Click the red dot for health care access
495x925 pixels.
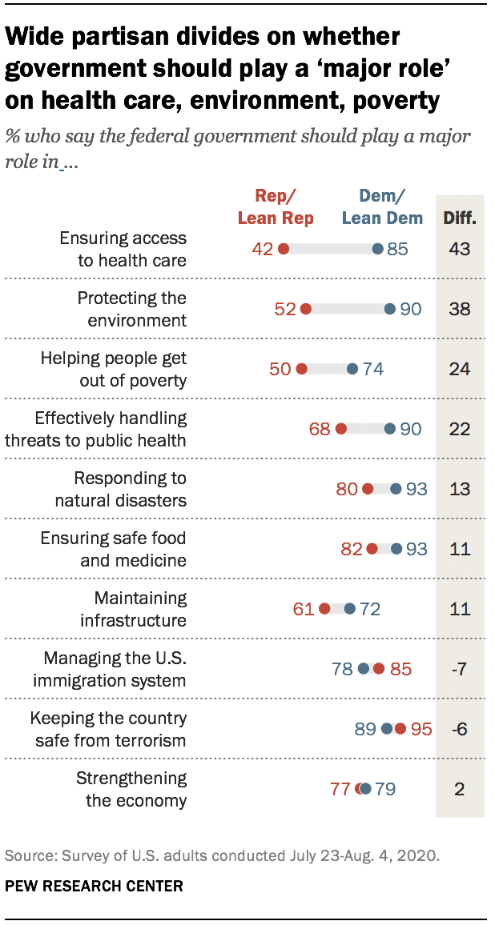click(283, 249)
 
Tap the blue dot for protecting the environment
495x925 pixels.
click(389, 309)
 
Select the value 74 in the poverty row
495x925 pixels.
click(373, 369)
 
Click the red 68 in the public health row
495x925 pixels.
click(320, 429)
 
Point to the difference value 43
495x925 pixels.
click(459, 249)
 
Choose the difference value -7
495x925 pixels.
click(459, 669)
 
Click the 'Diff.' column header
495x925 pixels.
click(460, 218)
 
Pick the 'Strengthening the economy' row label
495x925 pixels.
click(131, 789)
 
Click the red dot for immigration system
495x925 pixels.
click(378, 669)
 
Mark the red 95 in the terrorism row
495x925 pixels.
click(421, 729)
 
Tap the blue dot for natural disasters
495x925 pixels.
click(396, 489)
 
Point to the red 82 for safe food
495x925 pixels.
click(352, 549)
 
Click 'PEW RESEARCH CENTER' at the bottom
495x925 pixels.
click(94, 886)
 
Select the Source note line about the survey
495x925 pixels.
click(222, 855)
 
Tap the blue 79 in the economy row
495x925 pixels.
click(385, 789)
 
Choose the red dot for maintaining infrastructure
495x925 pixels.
click(324, 609)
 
